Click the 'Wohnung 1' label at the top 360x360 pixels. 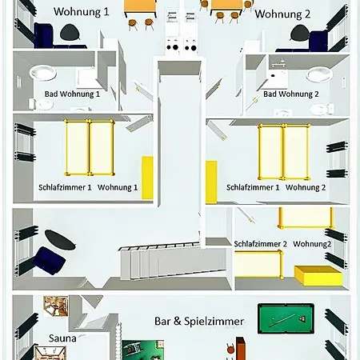[x=82, y=11]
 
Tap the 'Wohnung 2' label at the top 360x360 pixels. [x=282, y=14]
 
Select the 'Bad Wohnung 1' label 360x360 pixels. [x=72, y=94]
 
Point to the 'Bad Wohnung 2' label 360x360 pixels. [x=291, y=94]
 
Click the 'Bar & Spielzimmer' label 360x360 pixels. [x=199, y=322]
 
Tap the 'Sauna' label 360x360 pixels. [x=62, y=338]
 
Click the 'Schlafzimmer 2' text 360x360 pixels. [x=260, y=244]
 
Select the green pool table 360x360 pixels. [x=286, y=318]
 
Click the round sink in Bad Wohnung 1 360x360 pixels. [x=42, y=72]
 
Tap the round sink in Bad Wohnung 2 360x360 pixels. [x=319, y=74]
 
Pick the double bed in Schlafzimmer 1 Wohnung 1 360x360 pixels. [x=90, y=147]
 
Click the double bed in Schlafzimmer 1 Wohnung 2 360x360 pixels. [x=284, y=152]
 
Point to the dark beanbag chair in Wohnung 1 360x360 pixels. [x=70, y=33]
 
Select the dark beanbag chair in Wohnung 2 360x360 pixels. [x=300, y=33]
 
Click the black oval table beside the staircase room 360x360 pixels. [x=60, y=239]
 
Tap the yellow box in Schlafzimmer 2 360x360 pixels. [x=318, y=276]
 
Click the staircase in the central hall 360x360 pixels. [x=174, y=261]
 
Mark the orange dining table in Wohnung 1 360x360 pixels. [x=140, y=9]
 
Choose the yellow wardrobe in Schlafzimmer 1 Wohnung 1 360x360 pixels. [x=147, y=178]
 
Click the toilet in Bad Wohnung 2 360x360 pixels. [x=322, y=109]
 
